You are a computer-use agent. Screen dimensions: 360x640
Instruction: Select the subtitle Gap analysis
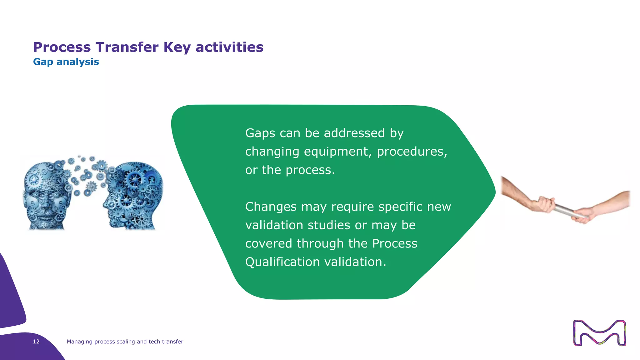click(x=66, y=62)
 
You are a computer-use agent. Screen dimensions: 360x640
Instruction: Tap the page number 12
click(x=36, y=342)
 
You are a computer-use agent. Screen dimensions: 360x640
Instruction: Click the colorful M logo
click(x=599, y=333)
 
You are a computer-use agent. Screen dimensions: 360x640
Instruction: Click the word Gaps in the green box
click(x=260, y=133)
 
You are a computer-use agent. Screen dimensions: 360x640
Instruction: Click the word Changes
click(x=271, y=207)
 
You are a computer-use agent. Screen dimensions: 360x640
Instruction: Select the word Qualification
click(x=282, y=262)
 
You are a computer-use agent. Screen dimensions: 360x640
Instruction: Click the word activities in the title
click(x=229, y=47)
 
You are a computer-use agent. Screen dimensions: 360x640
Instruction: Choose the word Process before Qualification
click(x=394, y=243)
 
